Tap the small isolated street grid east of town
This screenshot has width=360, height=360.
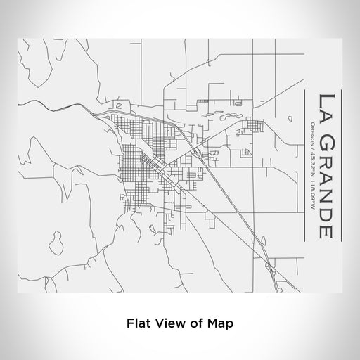click(x=252, y=127)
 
